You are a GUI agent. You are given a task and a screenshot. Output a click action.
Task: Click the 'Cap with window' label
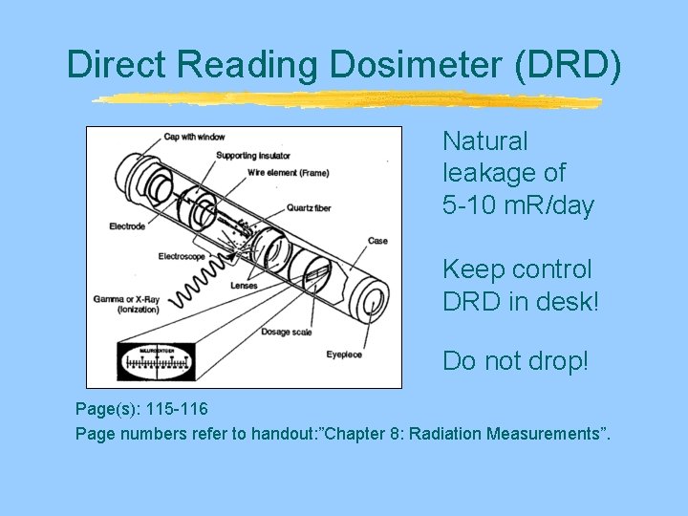pyautogui.click(x=194, y=138)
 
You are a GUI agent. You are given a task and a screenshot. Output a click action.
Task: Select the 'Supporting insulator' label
pyautogui.click(x=252, y=155)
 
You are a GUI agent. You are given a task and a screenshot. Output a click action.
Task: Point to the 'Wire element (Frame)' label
pyautogui.click(x=288, y=172)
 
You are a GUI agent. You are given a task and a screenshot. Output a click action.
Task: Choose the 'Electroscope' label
pyautogui.click(x=183, y=256)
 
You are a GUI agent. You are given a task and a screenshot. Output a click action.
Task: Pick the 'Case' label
pyautogui.click(x=378, y=241)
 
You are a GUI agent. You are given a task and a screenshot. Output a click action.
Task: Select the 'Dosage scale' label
pyautogui.click(x=287, y=333)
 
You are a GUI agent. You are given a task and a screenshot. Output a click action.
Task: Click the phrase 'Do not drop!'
pyautogui.click(x=515, y=361)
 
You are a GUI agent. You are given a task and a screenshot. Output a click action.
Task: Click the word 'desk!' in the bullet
pyautogui.click(x=568, y=302)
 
